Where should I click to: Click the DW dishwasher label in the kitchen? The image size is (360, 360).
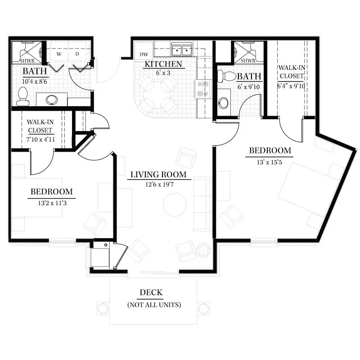[144, 54]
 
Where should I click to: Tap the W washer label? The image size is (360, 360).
[59, 54]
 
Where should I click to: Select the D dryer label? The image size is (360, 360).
[77, 54]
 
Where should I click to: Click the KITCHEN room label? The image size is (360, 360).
[163, 64]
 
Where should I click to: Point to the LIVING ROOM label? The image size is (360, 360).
[158, 175]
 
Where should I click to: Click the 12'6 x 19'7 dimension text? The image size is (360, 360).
[160, 184]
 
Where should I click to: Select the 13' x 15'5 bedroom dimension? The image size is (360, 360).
[269, 162]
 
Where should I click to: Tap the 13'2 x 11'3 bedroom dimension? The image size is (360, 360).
[52, 203]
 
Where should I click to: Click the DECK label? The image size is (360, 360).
[151, 292]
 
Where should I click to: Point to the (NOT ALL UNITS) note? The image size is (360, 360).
[154, 305]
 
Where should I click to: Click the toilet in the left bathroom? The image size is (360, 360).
[23, 96]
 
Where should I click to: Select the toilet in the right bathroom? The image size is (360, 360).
[227, 76]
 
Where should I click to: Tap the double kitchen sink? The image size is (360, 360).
[182, 49]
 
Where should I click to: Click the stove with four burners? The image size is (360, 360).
[203, 89]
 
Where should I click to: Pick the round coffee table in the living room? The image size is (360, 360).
[175, 205]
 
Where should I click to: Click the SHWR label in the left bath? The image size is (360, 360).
[27, 61]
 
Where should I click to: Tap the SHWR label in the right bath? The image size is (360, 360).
[248, 61]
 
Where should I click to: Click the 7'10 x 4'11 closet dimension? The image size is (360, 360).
[40, 139]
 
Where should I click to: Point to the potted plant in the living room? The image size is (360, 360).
[203, 250]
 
